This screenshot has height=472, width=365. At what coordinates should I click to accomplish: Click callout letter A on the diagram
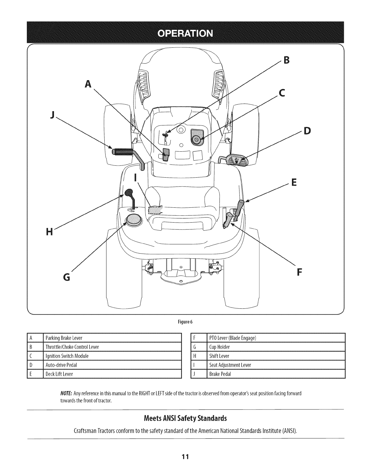tap(87, 85)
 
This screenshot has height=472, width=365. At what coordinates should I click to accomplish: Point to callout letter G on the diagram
tap(67, 277)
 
